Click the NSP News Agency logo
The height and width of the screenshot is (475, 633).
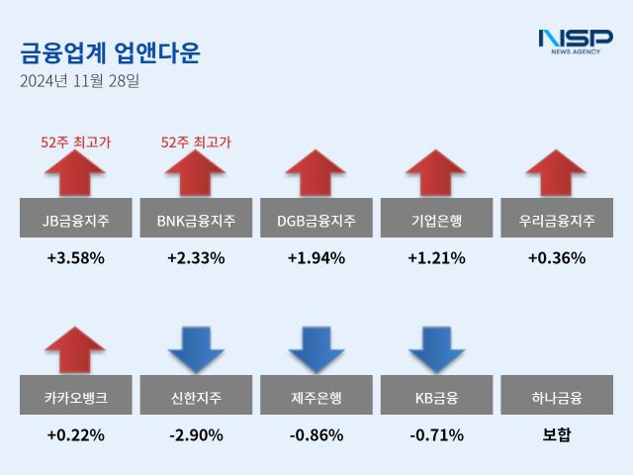(x=575, y=43)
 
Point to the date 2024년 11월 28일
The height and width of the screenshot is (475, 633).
(x=79, y=81)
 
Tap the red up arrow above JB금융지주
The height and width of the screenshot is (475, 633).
(x=76, y=174)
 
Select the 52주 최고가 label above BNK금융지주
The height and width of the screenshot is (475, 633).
(x=196, y=142)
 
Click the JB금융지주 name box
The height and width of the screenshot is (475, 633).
(x=76, y=219)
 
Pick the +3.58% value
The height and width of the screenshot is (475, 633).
(x=76, y=258)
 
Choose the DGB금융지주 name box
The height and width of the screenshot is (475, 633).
(x=316, y=219)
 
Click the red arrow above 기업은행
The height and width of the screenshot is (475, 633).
(x=436, y=174)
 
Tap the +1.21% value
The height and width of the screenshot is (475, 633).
(x=436, y=258)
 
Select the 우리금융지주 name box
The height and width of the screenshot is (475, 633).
(x=557, y=219)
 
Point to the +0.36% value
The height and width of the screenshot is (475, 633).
(x=557, y=258)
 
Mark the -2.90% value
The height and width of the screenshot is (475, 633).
(x=196, y=434)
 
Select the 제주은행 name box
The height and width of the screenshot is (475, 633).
(x=316, y=398)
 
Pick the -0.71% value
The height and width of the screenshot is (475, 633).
(x=436, y=434)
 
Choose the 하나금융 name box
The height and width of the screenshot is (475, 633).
(x=557, y=398)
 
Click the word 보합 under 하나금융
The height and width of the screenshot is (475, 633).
(x=557, y=434)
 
